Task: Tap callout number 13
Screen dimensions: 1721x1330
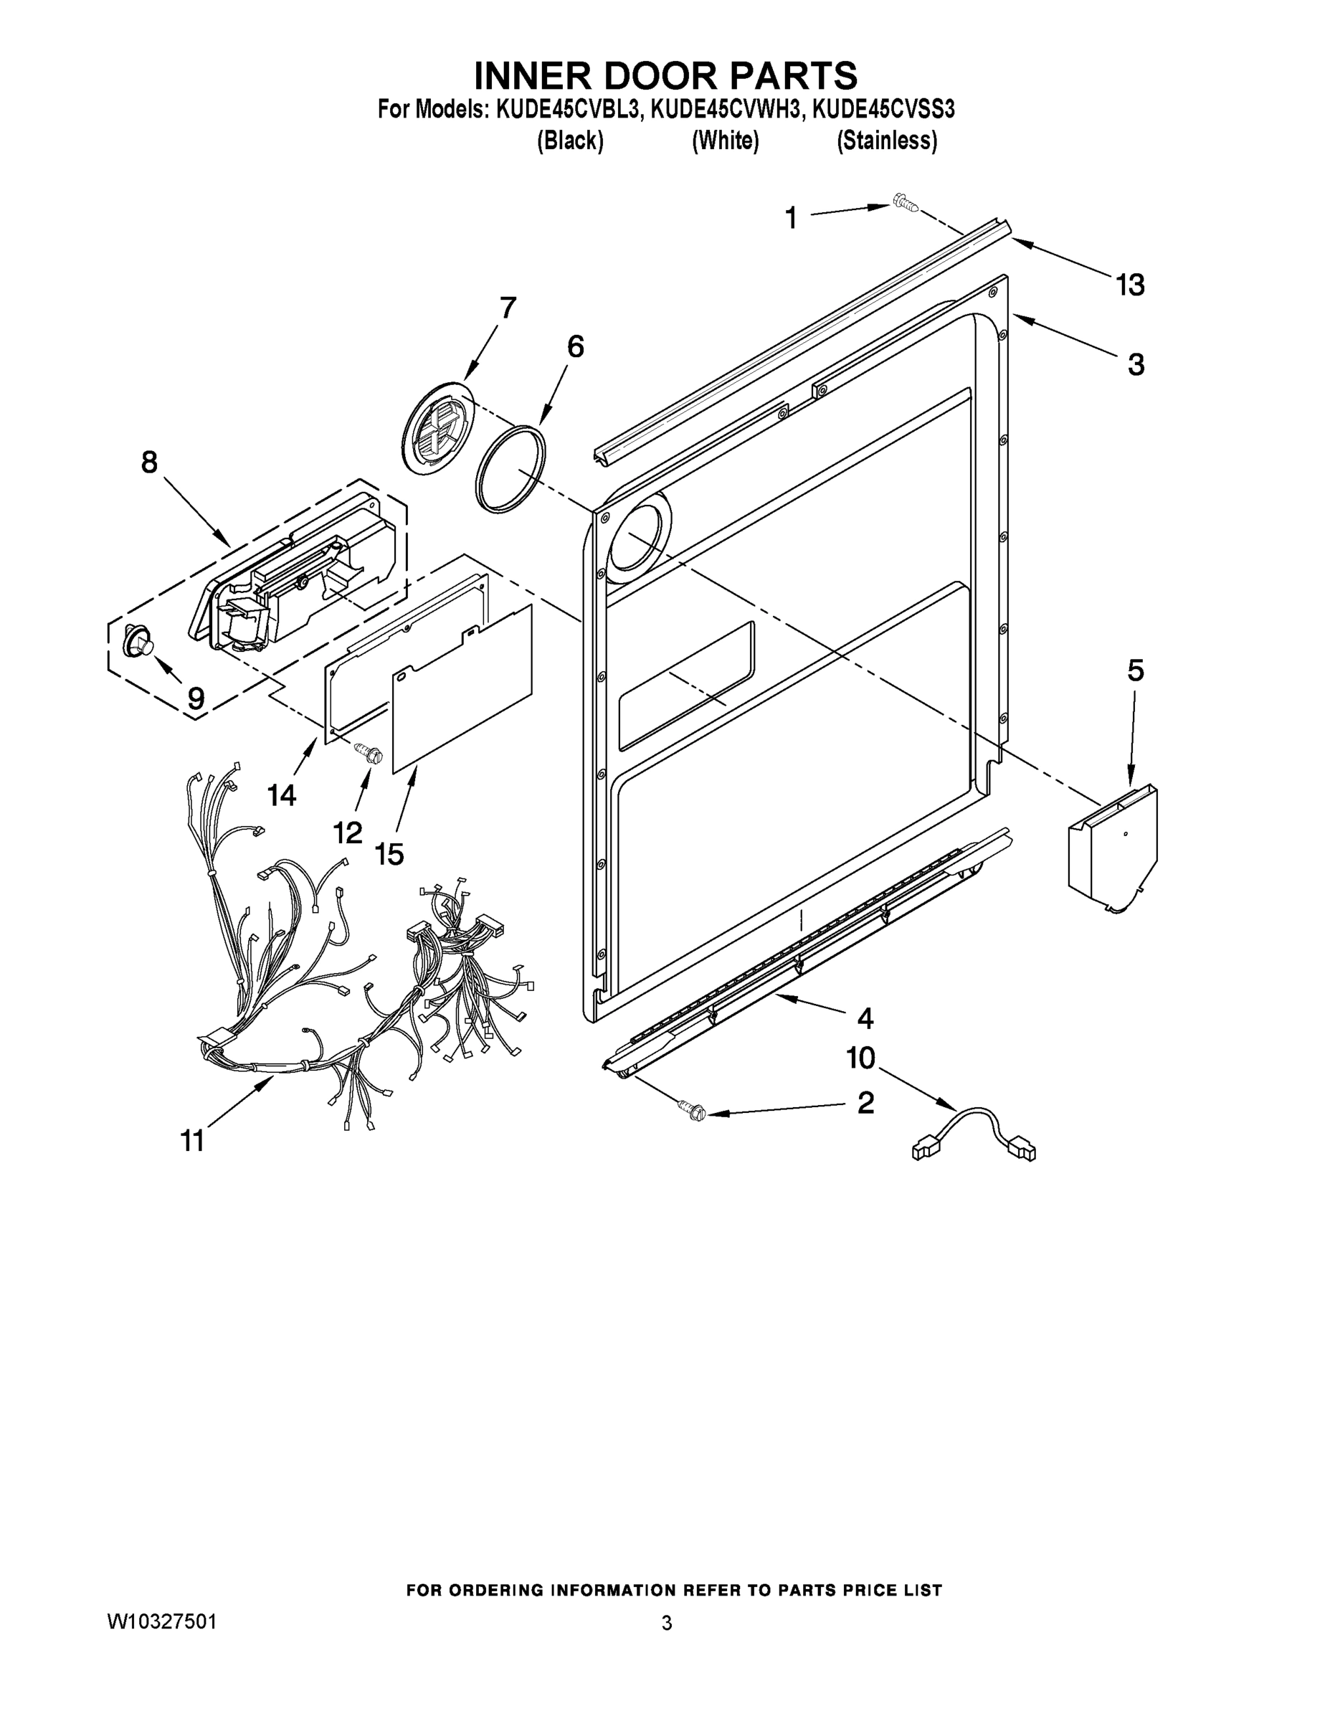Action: pos(1129,285)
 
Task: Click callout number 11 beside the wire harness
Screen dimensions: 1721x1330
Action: pos(192,1139)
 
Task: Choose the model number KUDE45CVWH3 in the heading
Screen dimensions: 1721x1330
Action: pos(726,108)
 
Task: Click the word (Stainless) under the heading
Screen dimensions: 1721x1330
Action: pos(886,141)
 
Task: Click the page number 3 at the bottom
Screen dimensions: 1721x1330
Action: pos(667,1623)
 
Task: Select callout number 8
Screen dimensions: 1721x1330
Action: pos(149,462)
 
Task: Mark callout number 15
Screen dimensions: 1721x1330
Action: pos(389,853)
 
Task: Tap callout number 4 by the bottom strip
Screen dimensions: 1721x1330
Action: pos(865,1019)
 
